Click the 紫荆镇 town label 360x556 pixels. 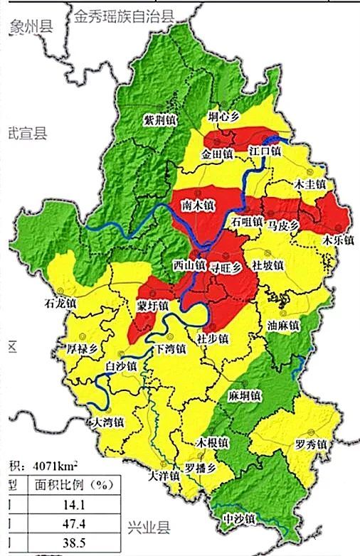(159, 119)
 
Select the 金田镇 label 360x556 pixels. (218, 153)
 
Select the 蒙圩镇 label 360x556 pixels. (152, 306)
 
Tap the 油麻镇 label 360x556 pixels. (283, 325)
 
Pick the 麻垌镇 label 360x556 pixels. (245, 395)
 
